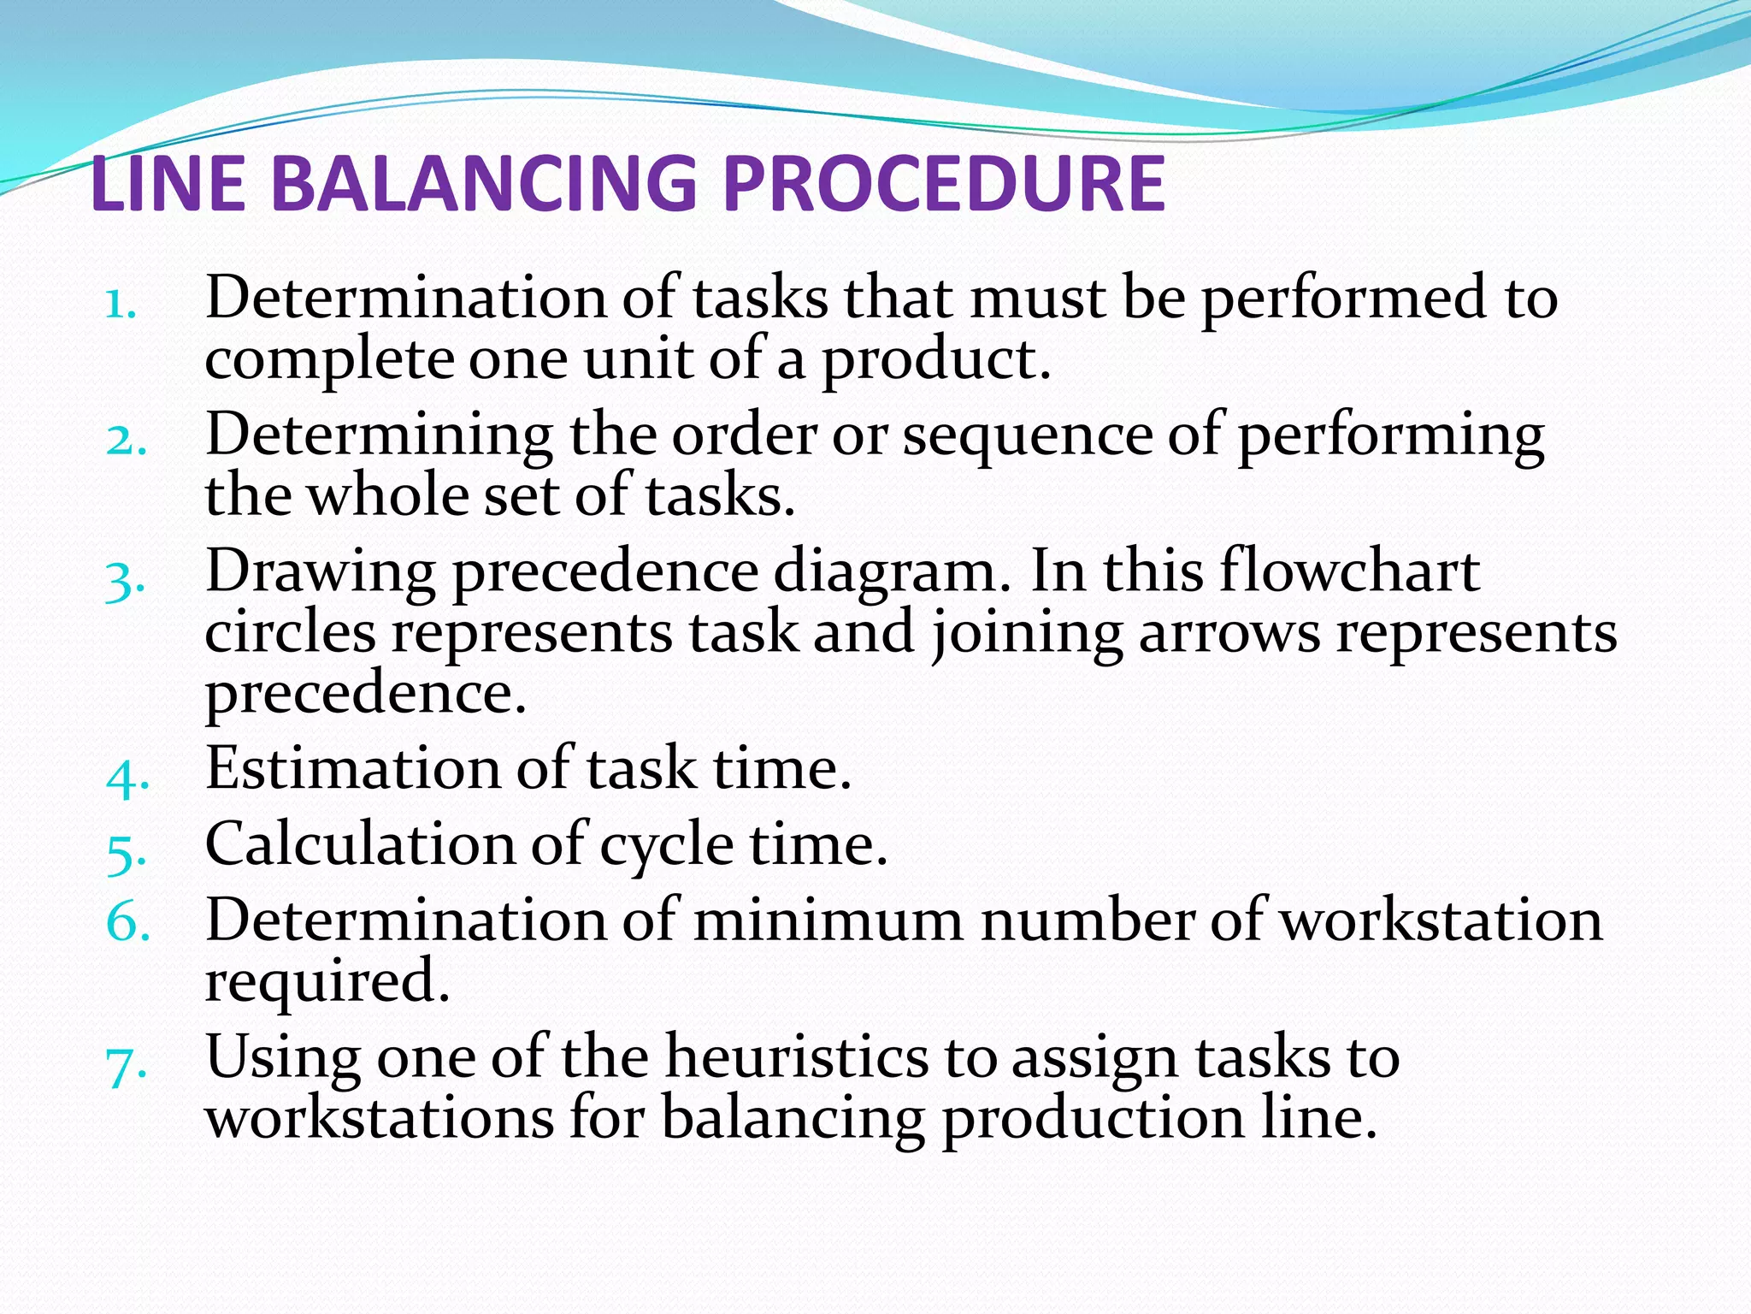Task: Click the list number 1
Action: tap(120, 304)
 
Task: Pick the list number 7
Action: tap(125, 1066)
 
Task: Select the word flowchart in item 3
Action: tap(1350, 571)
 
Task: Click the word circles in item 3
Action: tap(290, 633)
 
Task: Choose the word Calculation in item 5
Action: tap(360, 844)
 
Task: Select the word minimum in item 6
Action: tap(828, 920)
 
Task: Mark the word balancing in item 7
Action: tap(793, 1119)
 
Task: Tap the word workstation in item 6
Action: tap(1440, 920)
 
